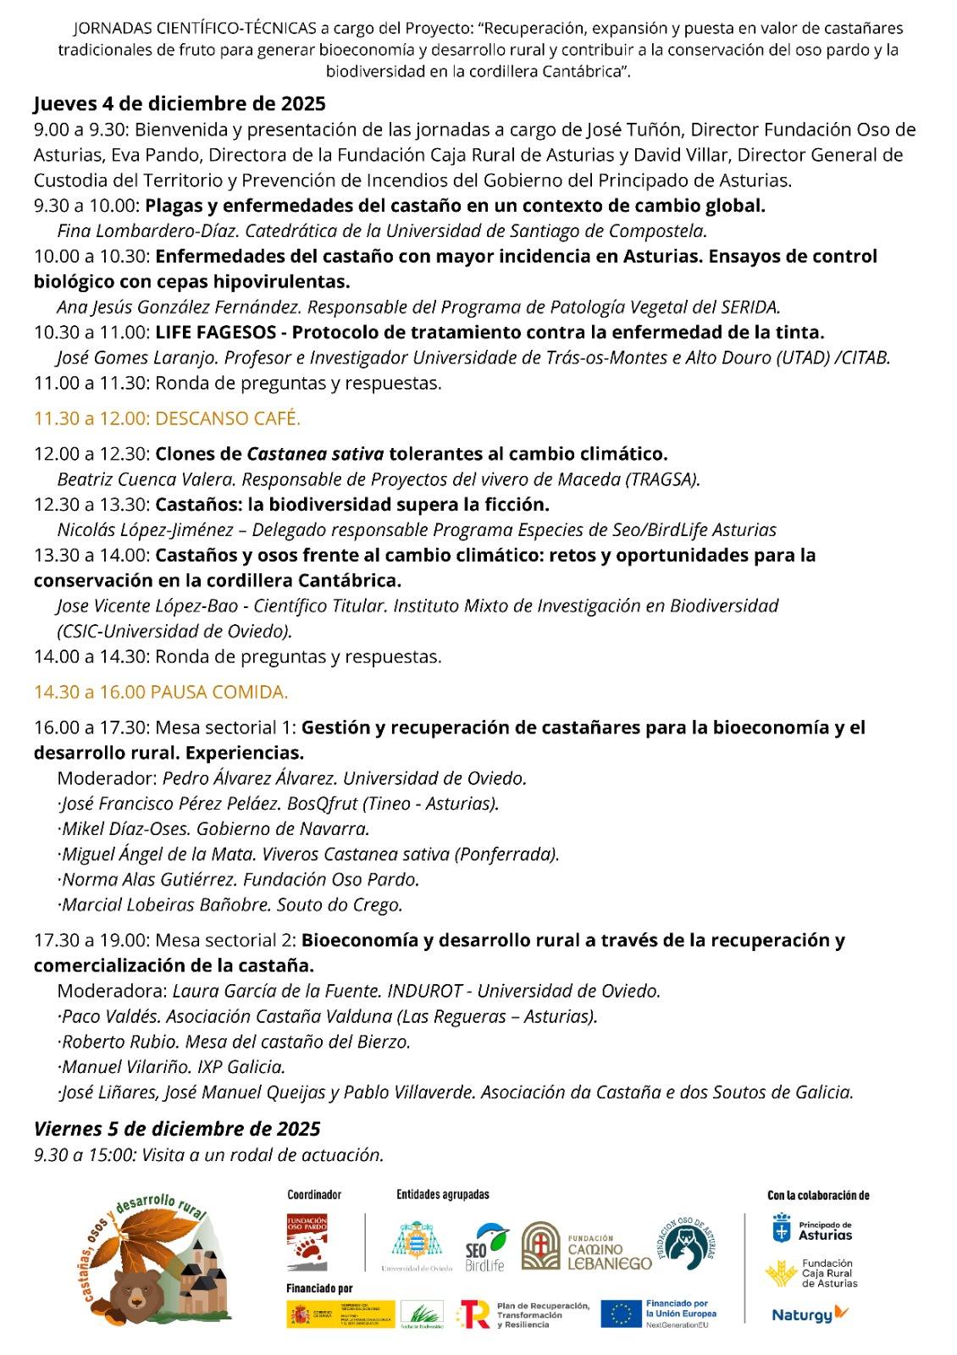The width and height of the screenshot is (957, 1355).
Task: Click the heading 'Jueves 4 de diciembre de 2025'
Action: coord(180,103)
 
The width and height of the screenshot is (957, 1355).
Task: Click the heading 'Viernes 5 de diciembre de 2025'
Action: coord(177,1129)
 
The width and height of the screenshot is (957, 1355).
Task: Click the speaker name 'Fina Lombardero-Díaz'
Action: coord(139,230)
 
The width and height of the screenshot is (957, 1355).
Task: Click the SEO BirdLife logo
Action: coord(486,1247)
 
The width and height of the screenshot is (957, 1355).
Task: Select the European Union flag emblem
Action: coord(621,1314)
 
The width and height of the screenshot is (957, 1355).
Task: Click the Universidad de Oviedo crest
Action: coord(416,1242)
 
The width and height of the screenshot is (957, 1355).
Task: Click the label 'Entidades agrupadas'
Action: coord(442,1195)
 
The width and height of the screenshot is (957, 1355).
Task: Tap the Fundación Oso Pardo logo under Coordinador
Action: coord(307,1242)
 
